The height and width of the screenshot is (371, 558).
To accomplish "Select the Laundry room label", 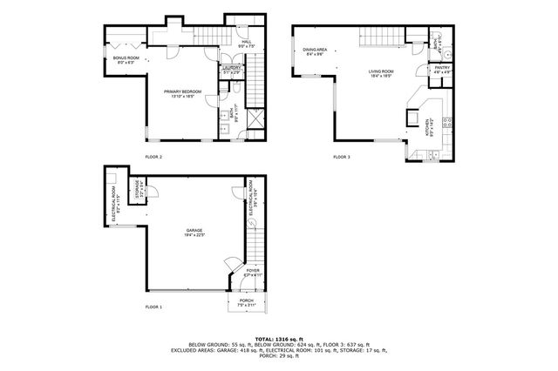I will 231,71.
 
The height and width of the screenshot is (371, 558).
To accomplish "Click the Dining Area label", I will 315,52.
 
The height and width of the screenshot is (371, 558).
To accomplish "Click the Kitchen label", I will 427,128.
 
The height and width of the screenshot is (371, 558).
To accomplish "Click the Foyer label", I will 251,273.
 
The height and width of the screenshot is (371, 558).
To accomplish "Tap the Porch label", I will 248,303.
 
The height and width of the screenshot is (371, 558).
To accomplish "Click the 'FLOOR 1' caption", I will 153,307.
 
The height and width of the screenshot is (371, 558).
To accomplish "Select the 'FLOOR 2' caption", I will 153,157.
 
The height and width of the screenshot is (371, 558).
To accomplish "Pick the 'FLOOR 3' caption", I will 342,157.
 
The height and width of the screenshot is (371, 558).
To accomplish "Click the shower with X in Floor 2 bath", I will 253,118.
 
